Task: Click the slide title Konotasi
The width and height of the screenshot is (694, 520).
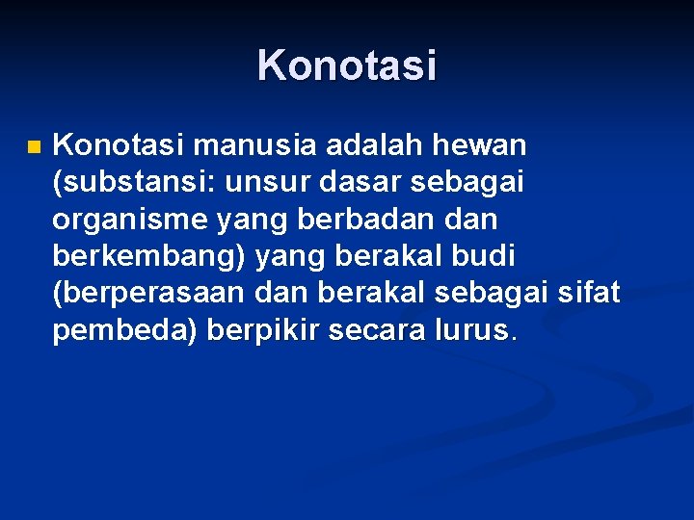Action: [x=347, y=65]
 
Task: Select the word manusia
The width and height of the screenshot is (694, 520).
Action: [x=255, y=146]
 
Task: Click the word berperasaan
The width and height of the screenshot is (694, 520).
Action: [x=149, y=294]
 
